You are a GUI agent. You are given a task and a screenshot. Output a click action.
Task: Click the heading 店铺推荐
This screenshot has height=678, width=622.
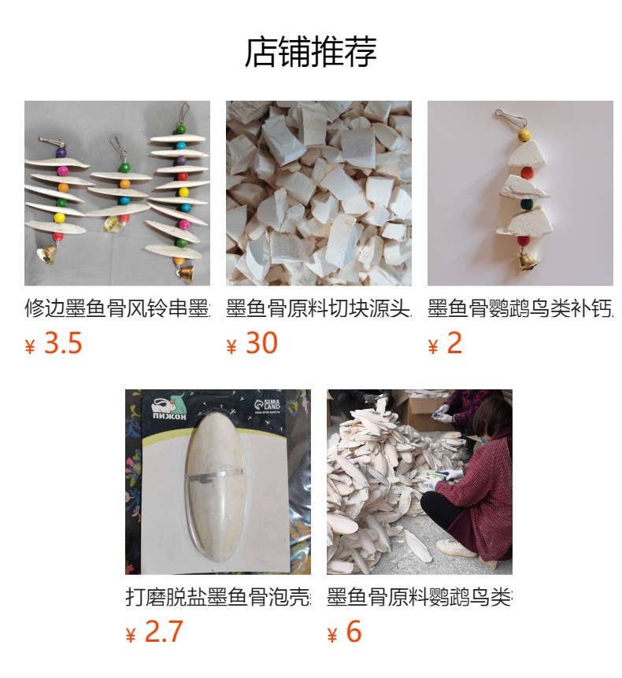[x=311, y=52]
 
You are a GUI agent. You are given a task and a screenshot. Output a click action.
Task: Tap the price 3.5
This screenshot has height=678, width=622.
[x=62, y=344]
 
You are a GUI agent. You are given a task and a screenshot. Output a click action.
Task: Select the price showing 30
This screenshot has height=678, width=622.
[x=261, y=344]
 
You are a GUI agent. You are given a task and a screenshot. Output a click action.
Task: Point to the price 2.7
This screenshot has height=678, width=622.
[x=163, y=632]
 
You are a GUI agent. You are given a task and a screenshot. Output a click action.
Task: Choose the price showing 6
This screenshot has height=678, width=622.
[x=354, y=632]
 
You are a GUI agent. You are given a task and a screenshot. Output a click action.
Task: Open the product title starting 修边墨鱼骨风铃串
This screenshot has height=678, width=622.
[x=117, y=308]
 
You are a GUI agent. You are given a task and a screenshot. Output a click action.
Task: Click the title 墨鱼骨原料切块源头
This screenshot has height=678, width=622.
[x=319, y=308]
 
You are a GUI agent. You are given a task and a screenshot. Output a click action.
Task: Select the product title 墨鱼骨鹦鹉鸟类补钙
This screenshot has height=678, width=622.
[x=520, y=308]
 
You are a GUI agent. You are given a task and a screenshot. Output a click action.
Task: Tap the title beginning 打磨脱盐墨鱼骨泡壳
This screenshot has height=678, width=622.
[x=218, y=597]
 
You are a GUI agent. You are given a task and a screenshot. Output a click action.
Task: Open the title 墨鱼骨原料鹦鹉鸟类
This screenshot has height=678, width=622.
[x=420, y=597]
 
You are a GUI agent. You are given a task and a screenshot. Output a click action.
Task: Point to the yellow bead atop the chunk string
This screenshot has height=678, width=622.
[x=524, y=136]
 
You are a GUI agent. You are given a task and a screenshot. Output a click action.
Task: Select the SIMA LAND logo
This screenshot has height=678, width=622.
[x=273, y=406]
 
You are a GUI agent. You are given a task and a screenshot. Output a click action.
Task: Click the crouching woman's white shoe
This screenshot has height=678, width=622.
[x=456, y=547]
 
